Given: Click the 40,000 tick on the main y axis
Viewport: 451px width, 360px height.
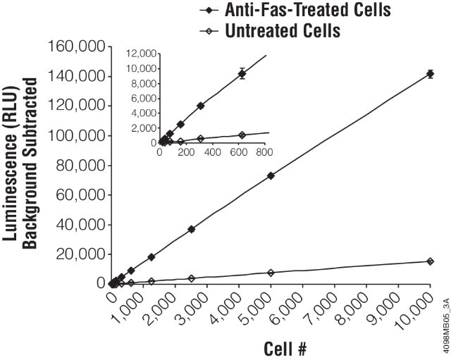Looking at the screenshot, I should [80, 225].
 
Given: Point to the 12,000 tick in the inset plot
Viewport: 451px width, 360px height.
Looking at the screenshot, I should [140, 53].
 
